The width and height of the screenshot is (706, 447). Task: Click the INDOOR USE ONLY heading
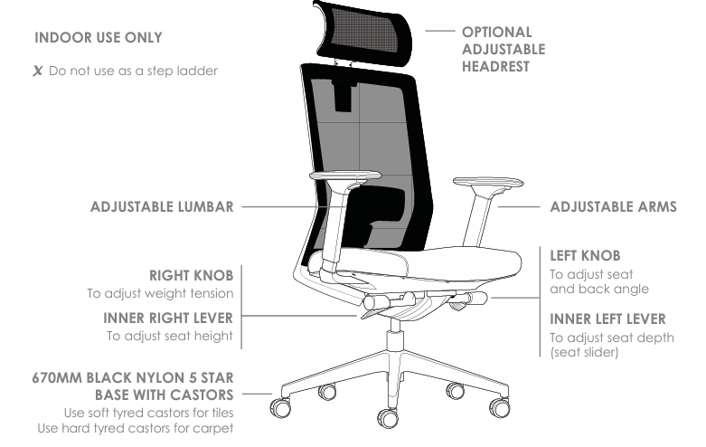[99, 38]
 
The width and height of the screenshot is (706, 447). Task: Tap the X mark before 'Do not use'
[38, 70]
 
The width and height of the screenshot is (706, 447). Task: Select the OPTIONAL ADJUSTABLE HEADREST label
[503, 49]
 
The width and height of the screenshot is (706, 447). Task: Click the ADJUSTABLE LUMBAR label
[162, 206]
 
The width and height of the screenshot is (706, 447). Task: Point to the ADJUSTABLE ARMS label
[613, 206]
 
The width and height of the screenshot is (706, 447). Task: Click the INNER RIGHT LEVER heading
[168, 318]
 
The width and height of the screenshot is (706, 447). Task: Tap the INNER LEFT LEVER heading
[608, 319]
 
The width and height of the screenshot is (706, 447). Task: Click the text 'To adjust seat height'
[170, 336]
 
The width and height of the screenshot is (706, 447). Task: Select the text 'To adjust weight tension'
[160, 293]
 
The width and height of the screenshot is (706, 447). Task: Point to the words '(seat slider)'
[584, 352]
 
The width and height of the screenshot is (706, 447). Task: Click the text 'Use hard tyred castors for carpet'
[136, 427]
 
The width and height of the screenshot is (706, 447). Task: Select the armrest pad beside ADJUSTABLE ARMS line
[487, 183]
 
